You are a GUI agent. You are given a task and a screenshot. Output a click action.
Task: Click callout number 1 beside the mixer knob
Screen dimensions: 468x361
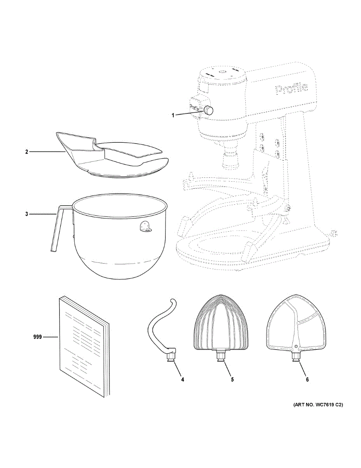[x=174, y=115]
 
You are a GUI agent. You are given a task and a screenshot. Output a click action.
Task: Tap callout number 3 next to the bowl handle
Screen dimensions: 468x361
[x=26, y=214]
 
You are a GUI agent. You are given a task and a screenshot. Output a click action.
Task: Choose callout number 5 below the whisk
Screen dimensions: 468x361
[x=232, y=379]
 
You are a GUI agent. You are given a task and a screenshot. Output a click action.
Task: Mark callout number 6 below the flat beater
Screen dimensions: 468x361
[x=307, y=379]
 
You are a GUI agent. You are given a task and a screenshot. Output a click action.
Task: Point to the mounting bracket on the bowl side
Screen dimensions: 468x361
[x=145, y=227]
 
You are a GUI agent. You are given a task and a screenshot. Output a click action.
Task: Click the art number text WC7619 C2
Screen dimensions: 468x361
[x=317, y=405]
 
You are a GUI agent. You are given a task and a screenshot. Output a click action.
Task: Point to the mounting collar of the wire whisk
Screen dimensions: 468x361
[x=220, y=355]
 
